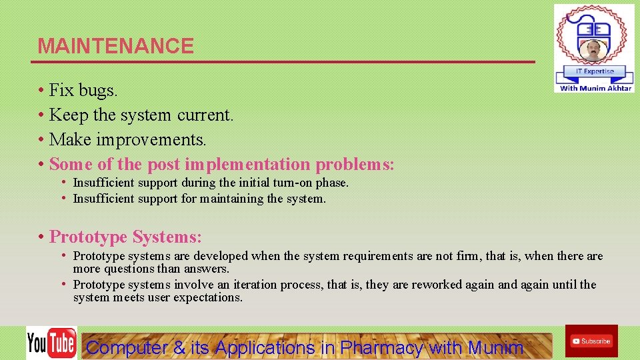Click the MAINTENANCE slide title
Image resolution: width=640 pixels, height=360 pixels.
tap(115, 46)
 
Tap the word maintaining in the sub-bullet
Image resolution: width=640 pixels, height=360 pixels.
tap(231, 199)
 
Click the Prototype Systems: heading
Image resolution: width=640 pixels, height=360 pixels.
tap(125, 237)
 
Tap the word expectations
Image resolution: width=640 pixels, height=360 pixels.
tap(207, 297)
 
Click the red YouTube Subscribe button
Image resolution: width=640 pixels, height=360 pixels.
tap(591, 341)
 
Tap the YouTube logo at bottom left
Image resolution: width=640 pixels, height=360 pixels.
tap(51, 343)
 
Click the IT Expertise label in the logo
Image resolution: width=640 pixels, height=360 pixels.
tap(594, 71)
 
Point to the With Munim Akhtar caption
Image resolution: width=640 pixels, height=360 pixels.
tap(595, 88)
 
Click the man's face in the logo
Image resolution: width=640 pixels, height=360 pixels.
tap(592, 50)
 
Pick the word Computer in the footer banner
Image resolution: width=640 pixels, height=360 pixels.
tap(127, 347)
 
